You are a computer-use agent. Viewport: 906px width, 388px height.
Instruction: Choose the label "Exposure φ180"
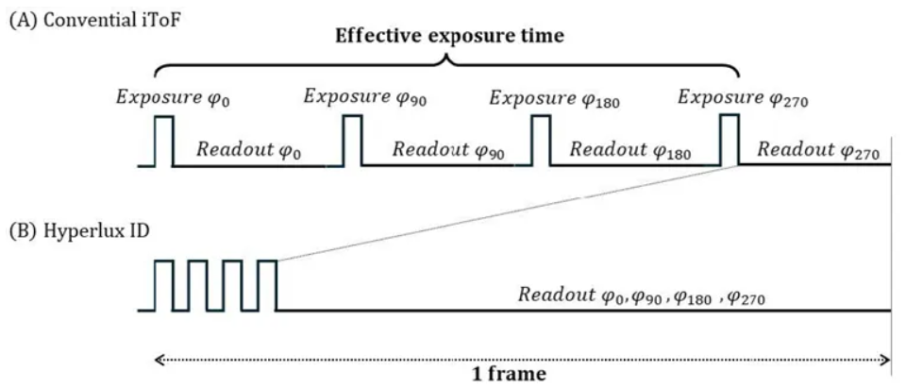click(549, 96)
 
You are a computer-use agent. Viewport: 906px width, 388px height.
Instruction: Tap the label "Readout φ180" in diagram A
click(628, 149)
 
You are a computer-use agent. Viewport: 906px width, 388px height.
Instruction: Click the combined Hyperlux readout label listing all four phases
click(641, 295)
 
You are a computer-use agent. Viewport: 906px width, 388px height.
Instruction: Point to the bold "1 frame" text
click(509, 374)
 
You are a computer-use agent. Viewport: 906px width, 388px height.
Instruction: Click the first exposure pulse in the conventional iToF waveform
click(164, 141)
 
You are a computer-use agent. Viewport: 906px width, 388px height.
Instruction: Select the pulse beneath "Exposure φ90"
click(352, 141)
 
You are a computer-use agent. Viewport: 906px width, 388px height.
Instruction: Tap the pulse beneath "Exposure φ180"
click(541, 141)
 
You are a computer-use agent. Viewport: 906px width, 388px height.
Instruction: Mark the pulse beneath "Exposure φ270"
click(730, 141)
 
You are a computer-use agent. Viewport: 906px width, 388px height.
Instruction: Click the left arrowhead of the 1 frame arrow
click(157, 359)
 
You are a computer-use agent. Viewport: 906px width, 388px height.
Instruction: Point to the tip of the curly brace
click(448, 59)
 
